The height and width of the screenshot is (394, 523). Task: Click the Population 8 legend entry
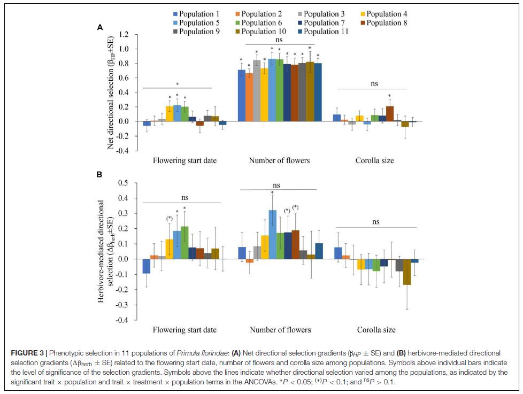click(383, 22)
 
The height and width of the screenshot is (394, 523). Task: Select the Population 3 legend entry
click(321, 13)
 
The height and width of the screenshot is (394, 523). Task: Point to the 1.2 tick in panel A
click(124, 35)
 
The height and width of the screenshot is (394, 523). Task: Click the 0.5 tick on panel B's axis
click(124, 183)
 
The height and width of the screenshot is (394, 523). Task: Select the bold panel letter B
click(99, 174)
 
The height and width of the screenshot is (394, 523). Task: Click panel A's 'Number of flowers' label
click(279, 160)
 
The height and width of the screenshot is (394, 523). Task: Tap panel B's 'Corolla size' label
click(375, 330)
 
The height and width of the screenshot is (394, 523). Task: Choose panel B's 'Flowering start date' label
click(184, 330)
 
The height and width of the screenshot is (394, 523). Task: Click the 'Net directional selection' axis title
click(111, 92)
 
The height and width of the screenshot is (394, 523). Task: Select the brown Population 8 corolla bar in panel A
click(389, 114)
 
